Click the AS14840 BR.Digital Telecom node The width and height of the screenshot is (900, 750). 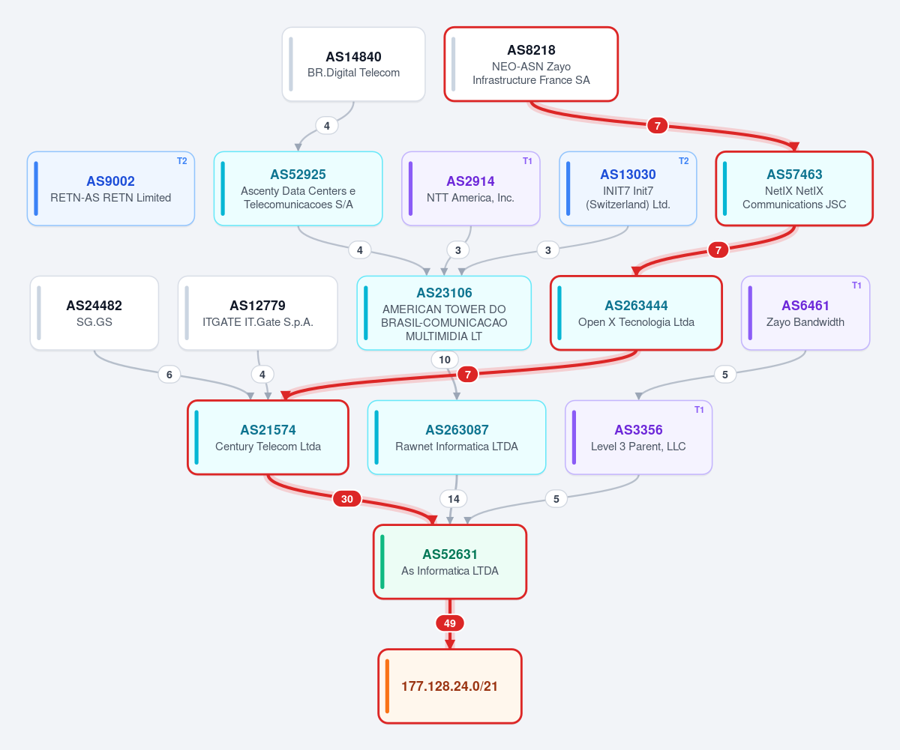353,64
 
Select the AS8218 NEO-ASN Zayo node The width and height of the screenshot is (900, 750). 531,64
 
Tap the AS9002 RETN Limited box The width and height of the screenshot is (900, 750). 111,189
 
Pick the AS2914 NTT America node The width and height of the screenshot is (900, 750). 471,189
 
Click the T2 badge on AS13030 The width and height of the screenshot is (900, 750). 683,161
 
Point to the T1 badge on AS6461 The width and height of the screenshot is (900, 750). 856,285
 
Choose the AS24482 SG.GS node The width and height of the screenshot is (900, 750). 94,313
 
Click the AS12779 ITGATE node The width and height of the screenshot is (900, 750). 258,313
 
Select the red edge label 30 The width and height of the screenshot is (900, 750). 347,499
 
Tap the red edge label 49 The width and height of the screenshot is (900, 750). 450,623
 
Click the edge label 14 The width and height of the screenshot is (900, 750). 454,499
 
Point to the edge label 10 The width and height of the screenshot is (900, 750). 445,360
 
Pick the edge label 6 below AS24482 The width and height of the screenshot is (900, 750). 169,375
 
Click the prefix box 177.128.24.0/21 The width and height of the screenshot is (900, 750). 450,686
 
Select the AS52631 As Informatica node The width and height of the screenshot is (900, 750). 450,562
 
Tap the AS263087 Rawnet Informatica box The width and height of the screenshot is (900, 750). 457,438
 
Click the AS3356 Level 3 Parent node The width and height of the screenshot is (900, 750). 638,438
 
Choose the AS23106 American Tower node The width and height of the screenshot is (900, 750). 444,313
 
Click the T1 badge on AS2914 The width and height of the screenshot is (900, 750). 527,161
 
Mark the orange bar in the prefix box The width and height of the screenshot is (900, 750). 387,686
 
